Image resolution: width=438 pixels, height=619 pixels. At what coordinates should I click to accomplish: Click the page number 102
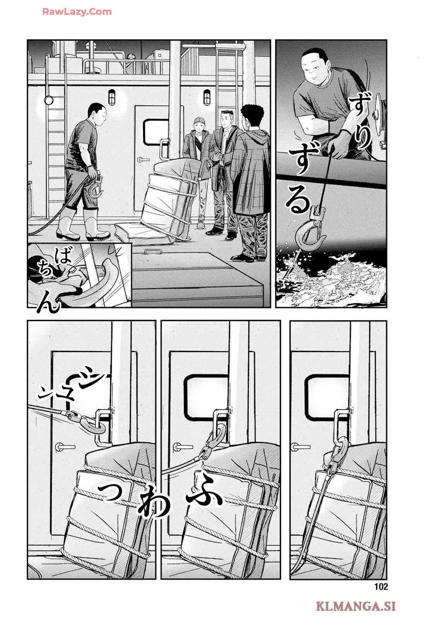(381, 587)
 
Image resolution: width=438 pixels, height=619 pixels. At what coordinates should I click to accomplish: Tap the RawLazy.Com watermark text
(77, 12)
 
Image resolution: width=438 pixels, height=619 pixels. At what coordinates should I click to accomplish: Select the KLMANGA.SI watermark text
(356, 606)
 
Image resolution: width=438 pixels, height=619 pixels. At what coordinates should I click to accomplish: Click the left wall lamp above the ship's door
(112, 97)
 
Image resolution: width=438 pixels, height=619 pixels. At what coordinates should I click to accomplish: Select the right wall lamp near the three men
(207, 97)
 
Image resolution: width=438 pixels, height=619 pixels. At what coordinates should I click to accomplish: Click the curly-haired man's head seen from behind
(252, 116)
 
